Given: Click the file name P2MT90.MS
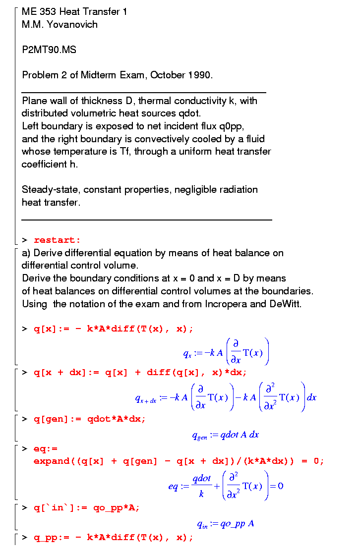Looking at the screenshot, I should tap(49, 50).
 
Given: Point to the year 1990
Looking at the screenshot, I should tap(199, 75).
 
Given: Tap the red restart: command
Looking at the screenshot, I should tap(57, 240).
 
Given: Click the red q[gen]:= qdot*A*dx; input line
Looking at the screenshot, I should tap(90, 419).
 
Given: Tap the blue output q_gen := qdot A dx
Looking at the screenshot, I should tap(226, 435).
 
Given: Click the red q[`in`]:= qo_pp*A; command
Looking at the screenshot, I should tap(87, 507).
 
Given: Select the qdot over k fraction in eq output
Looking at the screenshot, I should tap(202, 486).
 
